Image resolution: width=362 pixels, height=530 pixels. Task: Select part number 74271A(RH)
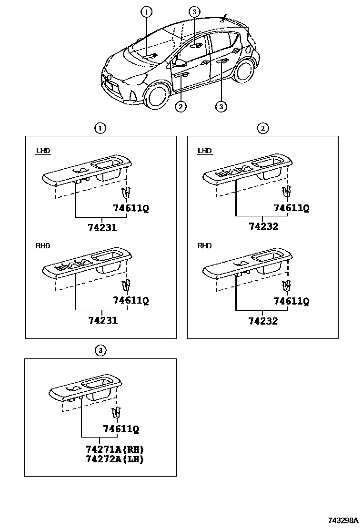coord(114,449)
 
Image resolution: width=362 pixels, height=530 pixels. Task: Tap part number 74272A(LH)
coord(114,459)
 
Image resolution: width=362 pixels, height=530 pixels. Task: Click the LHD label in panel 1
coord(43,151)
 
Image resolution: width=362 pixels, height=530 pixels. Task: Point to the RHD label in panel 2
coord(204,246)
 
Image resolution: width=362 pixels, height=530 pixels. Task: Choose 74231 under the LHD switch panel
coord(102,228)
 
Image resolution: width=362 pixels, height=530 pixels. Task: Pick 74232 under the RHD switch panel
coord(263,321)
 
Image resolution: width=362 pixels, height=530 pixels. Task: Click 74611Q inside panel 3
coord(121,429)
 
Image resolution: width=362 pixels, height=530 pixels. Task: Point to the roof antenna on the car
coord(223,19)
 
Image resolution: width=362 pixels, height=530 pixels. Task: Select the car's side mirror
coord(181,62)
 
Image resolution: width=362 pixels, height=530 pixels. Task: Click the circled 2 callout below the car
coord(180,107)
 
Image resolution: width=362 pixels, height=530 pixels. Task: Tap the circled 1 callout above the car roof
coord(147,11)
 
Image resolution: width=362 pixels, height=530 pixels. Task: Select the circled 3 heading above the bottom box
coord(100,351)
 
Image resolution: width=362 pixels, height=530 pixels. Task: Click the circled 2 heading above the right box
coord(262,128)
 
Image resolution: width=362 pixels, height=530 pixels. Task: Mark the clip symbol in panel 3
coord(115,413)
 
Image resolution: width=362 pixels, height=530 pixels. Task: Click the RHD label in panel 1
coord(43,246)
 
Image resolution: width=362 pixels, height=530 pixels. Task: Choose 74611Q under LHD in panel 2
coord(291,208)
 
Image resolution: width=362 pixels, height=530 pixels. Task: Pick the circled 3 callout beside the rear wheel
coord(221,107)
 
